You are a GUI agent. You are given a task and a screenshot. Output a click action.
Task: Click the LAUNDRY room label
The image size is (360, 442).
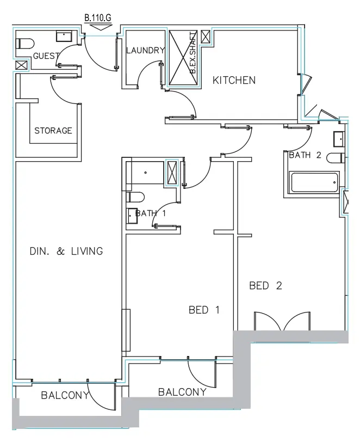tap(145, 51)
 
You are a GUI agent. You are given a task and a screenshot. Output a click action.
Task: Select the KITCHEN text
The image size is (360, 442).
tap(234, 81)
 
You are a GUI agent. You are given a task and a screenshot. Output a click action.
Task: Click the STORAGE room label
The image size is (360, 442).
tap(53, 131)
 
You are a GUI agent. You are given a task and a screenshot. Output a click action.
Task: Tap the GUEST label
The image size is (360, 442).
tap(46, 56)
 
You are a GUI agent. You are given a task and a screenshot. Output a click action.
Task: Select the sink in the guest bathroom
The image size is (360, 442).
tap(65, 36)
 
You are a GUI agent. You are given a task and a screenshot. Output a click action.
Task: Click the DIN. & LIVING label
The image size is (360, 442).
tap(66, 251)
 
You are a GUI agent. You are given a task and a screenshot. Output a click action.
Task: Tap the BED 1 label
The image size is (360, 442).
tap(204, 310)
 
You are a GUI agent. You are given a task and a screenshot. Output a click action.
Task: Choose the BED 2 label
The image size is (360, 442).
tap(265, 285)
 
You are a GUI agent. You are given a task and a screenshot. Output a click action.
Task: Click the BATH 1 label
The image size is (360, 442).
tap(150, 213)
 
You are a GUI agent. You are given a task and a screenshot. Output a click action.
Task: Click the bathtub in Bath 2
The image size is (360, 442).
tap(315, 182)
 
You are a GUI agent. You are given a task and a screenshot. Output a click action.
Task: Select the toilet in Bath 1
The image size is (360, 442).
tap(135, 197)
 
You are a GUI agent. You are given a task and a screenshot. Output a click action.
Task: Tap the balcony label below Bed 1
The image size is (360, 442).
tap(182, 392)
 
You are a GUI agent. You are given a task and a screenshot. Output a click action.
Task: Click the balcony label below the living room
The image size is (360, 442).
tap(65, 396)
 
